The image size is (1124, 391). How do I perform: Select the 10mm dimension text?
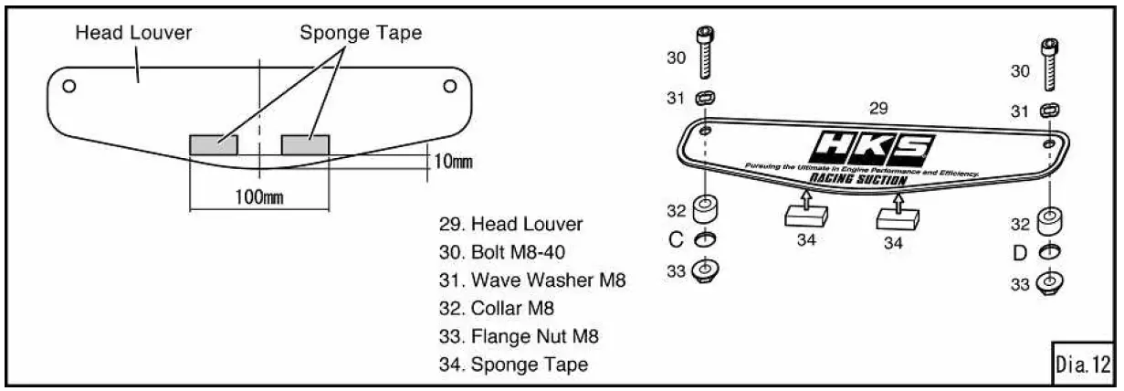tap(451, 162)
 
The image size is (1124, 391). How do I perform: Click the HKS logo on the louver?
tap(875, 146)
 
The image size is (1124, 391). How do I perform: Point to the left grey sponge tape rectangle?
tap(213, 143)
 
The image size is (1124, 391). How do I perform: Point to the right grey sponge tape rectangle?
tap(305, 143)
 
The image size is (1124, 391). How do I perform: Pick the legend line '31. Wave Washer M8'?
tap(531, 280)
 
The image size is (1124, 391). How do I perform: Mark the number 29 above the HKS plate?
tap(877, 108)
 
